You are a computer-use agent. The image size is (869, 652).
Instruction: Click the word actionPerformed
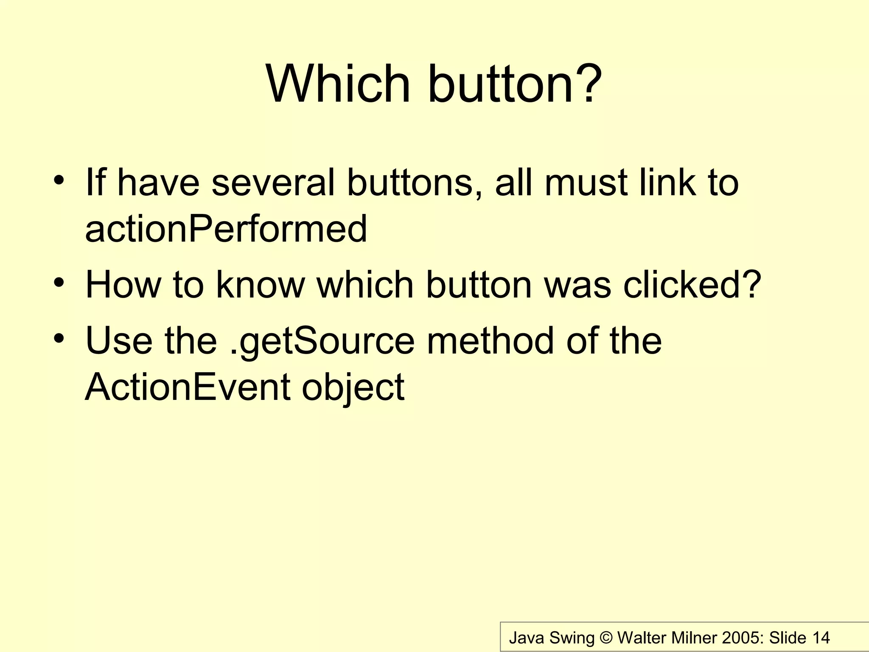226,229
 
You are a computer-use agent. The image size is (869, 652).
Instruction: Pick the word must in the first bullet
586,183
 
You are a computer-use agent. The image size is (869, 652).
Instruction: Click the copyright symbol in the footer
606,638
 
